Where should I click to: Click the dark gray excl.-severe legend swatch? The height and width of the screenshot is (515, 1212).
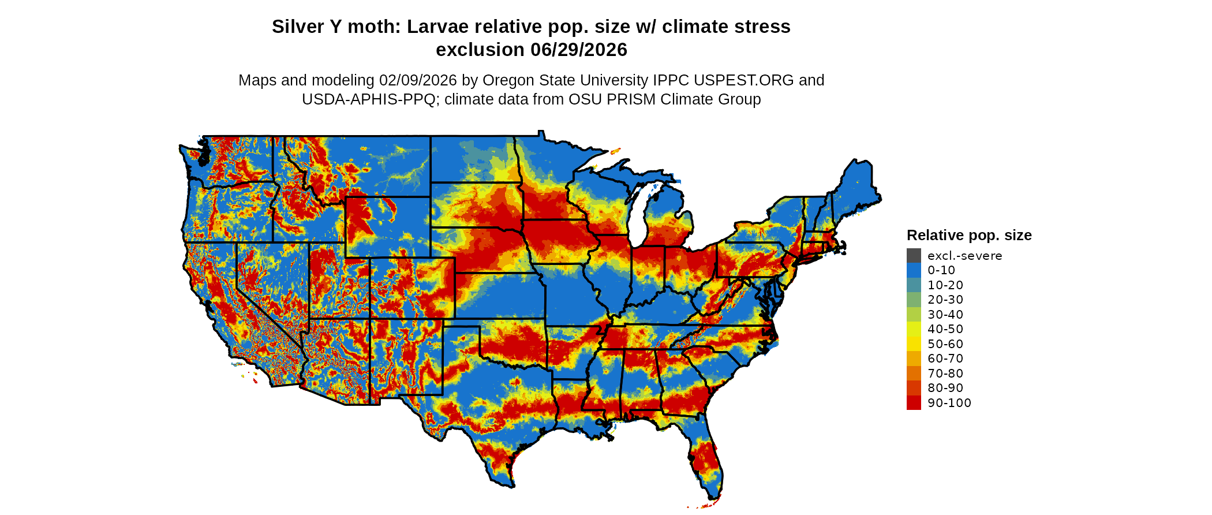[914, 256]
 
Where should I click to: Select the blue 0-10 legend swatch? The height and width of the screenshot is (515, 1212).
[914, 270]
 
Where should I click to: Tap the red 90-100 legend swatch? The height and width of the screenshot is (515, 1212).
[914, 403]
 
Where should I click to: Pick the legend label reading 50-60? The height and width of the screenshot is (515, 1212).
[945, 344]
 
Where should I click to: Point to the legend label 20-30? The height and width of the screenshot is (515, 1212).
[945, 300]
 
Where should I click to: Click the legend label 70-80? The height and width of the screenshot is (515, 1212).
[945, 374]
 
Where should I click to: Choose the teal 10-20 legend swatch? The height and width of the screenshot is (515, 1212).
[914, 285]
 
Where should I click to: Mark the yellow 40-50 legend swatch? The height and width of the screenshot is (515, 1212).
[914, 329]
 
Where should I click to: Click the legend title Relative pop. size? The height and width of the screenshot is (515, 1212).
[969, 236]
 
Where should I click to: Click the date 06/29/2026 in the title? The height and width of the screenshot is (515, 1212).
[579, 50]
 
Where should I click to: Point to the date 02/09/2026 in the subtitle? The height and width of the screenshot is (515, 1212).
[418, 80]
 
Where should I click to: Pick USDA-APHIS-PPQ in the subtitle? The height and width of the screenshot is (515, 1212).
[368, 100]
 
